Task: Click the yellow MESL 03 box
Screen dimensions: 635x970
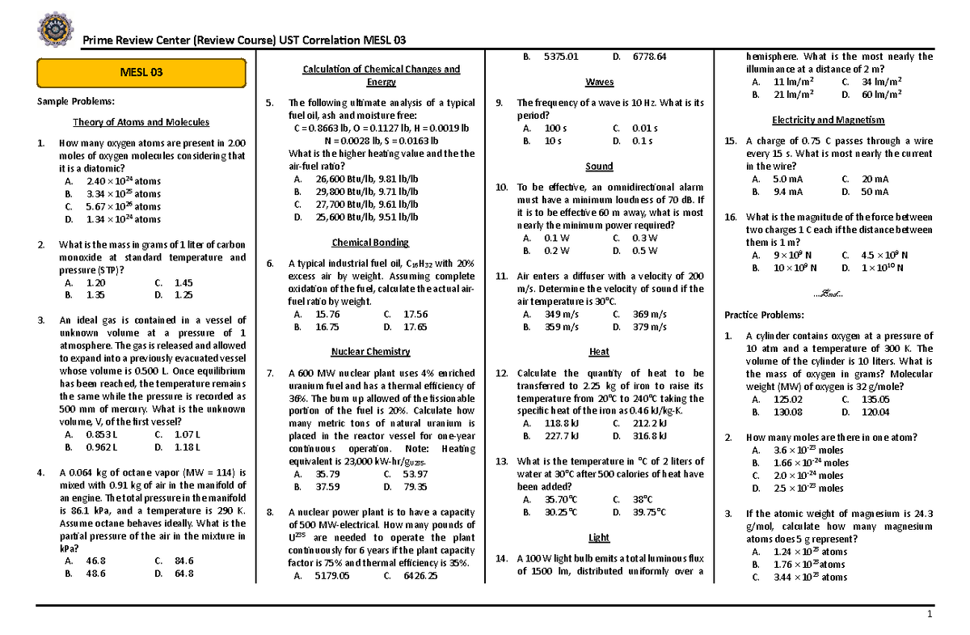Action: [x=141, y=73]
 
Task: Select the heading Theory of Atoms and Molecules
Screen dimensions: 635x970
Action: [x=141, y=123]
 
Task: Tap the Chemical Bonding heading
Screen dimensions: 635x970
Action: [x=370, y=243]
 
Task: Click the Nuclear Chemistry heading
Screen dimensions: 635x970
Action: [x=370, y=352]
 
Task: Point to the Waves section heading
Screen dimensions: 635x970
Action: [x=599, y=83]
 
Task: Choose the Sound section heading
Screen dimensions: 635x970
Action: [x=599, y=167]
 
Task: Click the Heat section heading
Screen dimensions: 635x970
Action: [x=599, y=352]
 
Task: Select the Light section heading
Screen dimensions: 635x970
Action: [x=599, y=538]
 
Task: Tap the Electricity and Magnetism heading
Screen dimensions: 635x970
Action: [x=828, y=120]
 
